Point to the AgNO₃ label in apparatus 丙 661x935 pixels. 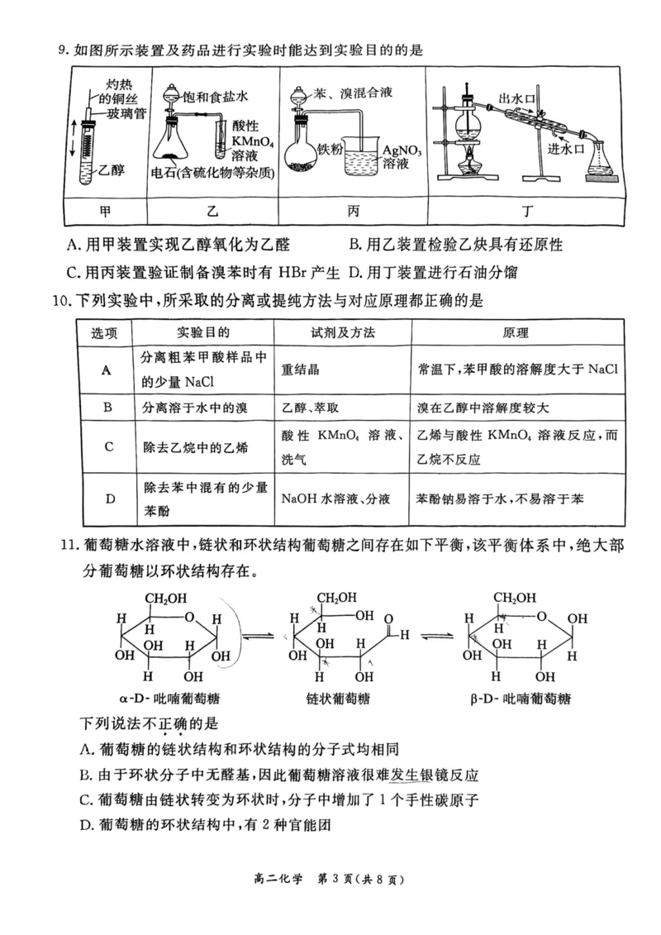pyautogui.click(x=402, y=150)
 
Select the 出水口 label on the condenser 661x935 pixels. pyautogui.click(x=517, y=99)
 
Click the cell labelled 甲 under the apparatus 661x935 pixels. pyautogui.click(x=105, y=212)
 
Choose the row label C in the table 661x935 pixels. pyautogui.click(x=107, y=446)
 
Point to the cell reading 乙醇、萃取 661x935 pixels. pyautogui.click(x=310, y=408)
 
